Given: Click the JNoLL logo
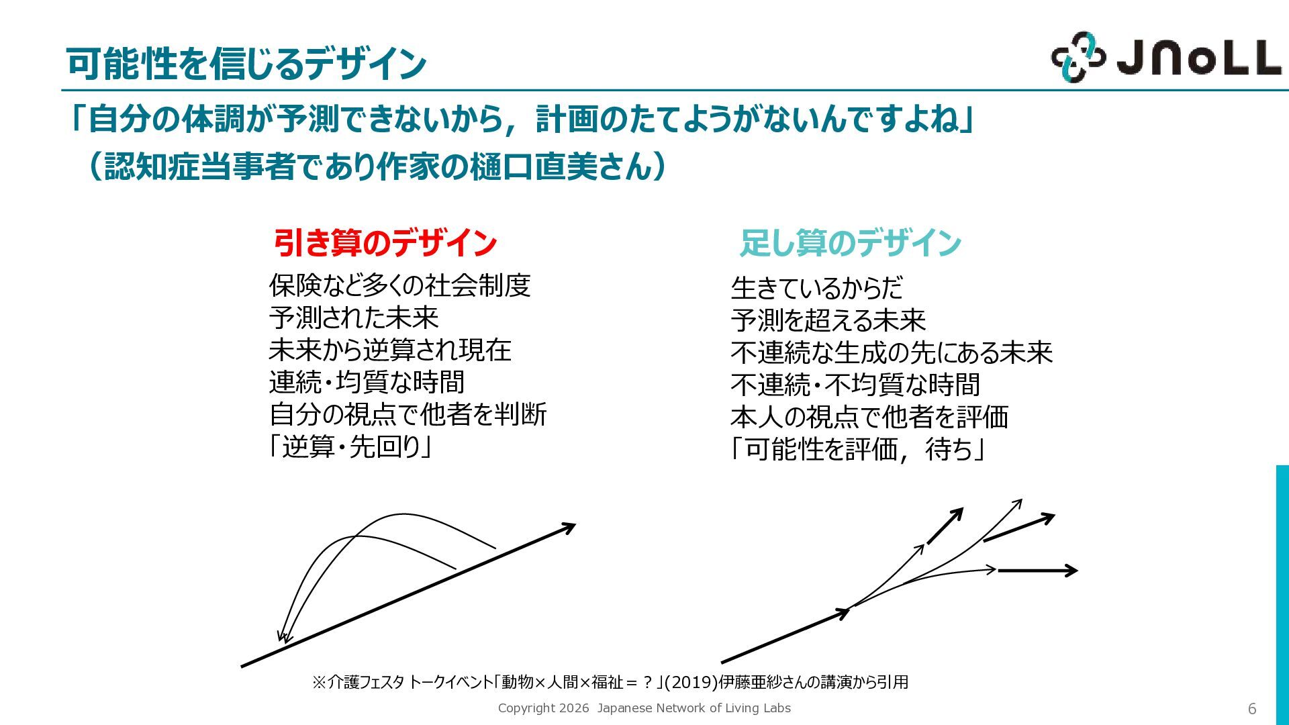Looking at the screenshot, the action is click(x=1166, y=58).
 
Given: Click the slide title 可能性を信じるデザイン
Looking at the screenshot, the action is click(x=246, y=64).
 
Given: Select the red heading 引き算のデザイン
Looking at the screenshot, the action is click(x=385, y=242).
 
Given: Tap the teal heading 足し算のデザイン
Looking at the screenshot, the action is click(x=851, y=242).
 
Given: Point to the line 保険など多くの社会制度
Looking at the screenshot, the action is click(x=399, y=285).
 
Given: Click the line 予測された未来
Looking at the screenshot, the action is click(x=353, y=318).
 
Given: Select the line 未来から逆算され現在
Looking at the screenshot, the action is click(x=390, y=350).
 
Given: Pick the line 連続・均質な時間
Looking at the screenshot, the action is click(x=367, y=382).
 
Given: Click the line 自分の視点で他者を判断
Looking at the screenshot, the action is click(x=408, y=414).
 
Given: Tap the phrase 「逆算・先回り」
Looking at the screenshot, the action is click(x=350, y=446).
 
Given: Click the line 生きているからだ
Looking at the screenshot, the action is click(x=816, y=288).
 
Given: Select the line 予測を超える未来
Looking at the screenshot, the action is click(x=828, y=320).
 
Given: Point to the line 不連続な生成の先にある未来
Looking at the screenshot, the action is click(x=892, y=352).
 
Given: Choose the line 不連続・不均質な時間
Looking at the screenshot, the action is click(x=855, y=385).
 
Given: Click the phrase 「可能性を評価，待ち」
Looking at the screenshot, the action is click(x=857, y=449).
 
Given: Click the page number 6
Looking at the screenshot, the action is click(x=1252, y=709).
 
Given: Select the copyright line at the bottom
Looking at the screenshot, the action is click(x=644, y=708).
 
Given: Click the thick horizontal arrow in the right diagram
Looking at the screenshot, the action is click(x=1037, y=571).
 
